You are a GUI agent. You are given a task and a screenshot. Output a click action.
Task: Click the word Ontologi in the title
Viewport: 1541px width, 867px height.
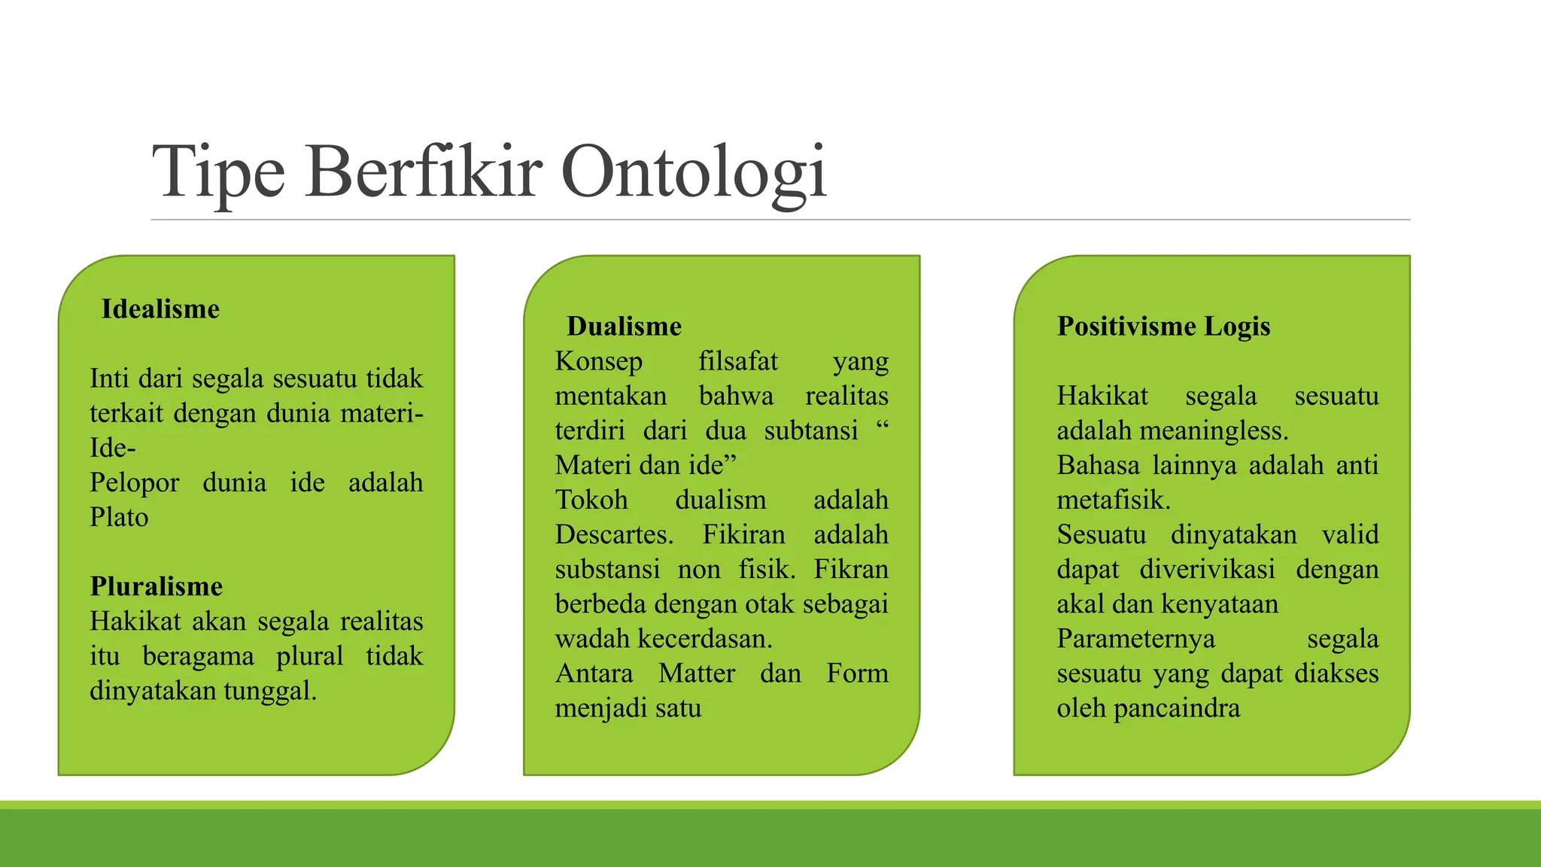click(x=693, y=173)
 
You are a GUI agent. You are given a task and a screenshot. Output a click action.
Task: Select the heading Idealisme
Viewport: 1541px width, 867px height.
click(x=160, y=309)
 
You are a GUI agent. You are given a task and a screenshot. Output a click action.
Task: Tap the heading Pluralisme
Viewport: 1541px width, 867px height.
click(x=156, y=586)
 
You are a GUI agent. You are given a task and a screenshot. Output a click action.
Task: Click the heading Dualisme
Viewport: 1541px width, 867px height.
click(x=624, y=327)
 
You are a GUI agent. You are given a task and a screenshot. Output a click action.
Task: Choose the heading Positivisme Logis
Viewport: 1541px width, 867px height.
click(x=1163, y=327)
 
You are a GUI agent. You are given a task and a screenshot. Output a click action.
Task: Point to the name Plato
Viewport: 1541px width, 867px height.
click(x=119, y=518)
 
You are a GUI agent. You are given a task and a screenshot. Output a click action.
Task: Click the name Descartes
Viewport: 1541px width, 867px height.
click(x=613, y=535)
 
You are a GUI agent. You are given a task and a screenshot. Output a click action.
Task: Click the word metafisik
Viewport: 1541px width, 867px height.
click(x=1113, y=500)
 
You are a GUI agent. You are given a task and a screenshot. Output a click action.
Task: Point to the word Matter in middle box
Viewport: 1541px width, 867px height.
click(x=696, y=674)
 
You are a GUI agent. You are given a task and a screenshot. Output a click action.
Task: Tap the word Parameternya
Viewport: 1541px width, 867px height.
click(x=1135, y=639)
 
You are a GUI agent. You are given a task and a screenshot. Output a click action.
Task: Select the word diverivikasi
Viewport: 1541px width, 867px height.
click(x=1207, y=570)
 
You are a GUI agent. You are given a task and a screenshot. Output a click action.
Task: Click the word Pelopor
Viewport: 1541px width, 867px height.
click(x=134, y=483)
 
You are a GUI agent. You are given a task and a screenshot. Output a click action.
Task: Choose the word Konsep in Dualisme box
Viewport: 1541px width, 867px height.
click(x=598, y=362)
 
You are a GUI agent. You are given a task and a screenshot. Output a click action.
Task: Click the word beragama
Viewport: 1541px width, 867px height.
click(x=198, y=657)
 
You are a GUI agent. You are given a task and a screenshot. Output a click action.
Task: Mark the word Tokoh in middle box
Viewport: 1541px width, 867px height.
click(x=591, y=500)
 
